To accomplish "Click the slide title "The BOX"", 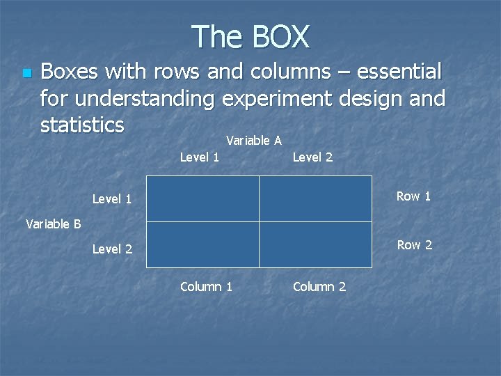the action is [x=250, y=36].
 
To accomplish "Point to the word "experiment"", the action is [x=277, y=99].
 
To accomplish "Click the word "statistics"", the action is [x=82, y=125].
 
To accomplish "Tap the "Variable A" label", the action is [x=254, y=141].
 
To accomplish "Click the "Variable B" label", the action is [x=53, y=224].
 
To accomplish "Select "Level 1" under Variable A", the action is [x=200, y=157].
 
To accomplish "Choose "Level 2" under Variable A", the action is [x=312, y=157].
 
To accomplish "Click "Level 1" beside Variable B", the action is [x=112, y=199].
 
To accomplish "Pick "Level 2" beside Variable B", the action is [x=112, y=249].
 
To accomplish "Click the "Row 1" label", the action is [x=413, y=196].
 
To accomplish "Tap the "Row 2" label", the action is [x=414, y=245].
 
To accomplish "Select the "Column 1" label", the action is [x=206, y=287].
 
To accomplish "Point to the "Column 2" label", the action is [x=319, y=287].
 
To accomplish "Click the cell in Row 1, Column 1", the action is [x=202, y=198].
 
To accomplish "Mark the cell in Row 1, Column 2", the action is [x=315, y=198].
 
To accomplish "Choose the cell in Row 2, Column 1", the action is [x=202, y=244].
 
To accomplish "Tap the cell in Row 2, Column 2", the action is [x=315, y=244].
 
